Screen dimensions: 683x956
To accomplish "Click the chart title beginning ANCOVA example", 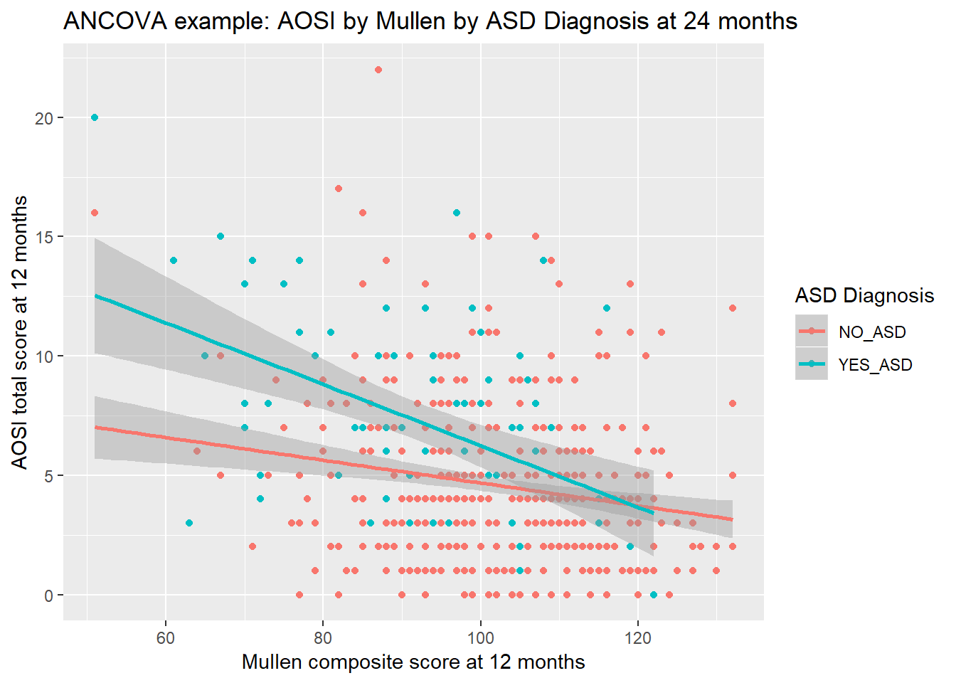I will pos(430,21).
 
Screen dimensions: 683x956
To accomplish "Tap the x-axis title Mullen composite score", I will pos(413,662).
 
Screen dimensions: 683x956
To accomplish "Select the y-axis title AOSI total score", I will pos(20,332).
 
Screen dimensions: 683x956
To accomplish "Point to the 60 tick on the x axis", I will pos(166,638).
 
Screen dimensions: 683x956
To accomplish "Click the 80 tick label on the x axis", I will pos(323,638).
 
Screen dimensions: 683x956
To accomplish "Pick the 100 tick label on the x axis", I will pos(480,638).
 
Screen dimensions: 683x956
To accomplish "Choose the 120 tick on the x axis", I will pos(638,638).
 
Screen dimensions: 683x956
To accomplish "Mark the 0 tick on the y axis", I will pos(48,595).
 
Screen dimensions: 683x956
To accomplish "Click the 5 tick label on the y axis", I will pos(48,476).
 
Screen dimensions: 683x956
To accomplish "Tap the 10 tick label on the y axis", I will pos(45,356).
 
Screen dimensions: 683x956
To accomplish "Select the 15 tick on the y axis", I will pos(45,237).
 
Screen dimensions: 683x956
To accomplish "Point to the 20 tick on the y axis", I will pos(45,118).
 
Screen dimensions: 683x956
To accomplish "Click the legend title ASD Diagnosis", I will pos(864,295).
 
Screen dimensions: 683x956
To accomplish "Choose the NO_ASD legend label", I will pos(872,332).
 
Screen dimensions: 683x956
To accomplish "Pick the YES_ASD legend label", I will pos(875,365).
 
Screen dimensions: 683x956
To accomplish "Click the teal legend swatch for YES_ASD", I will pos(812,364).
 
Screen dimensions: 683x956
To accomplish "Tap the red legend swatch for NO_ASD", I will pos(812,332).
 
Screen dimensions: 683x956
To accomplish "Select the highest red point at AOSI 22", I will pos(378,70).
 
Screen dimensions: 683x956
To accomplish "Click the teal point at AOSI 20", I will pos(95,117).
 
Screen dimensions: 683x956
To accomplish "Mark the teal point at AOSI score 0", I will pos(654,595).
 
